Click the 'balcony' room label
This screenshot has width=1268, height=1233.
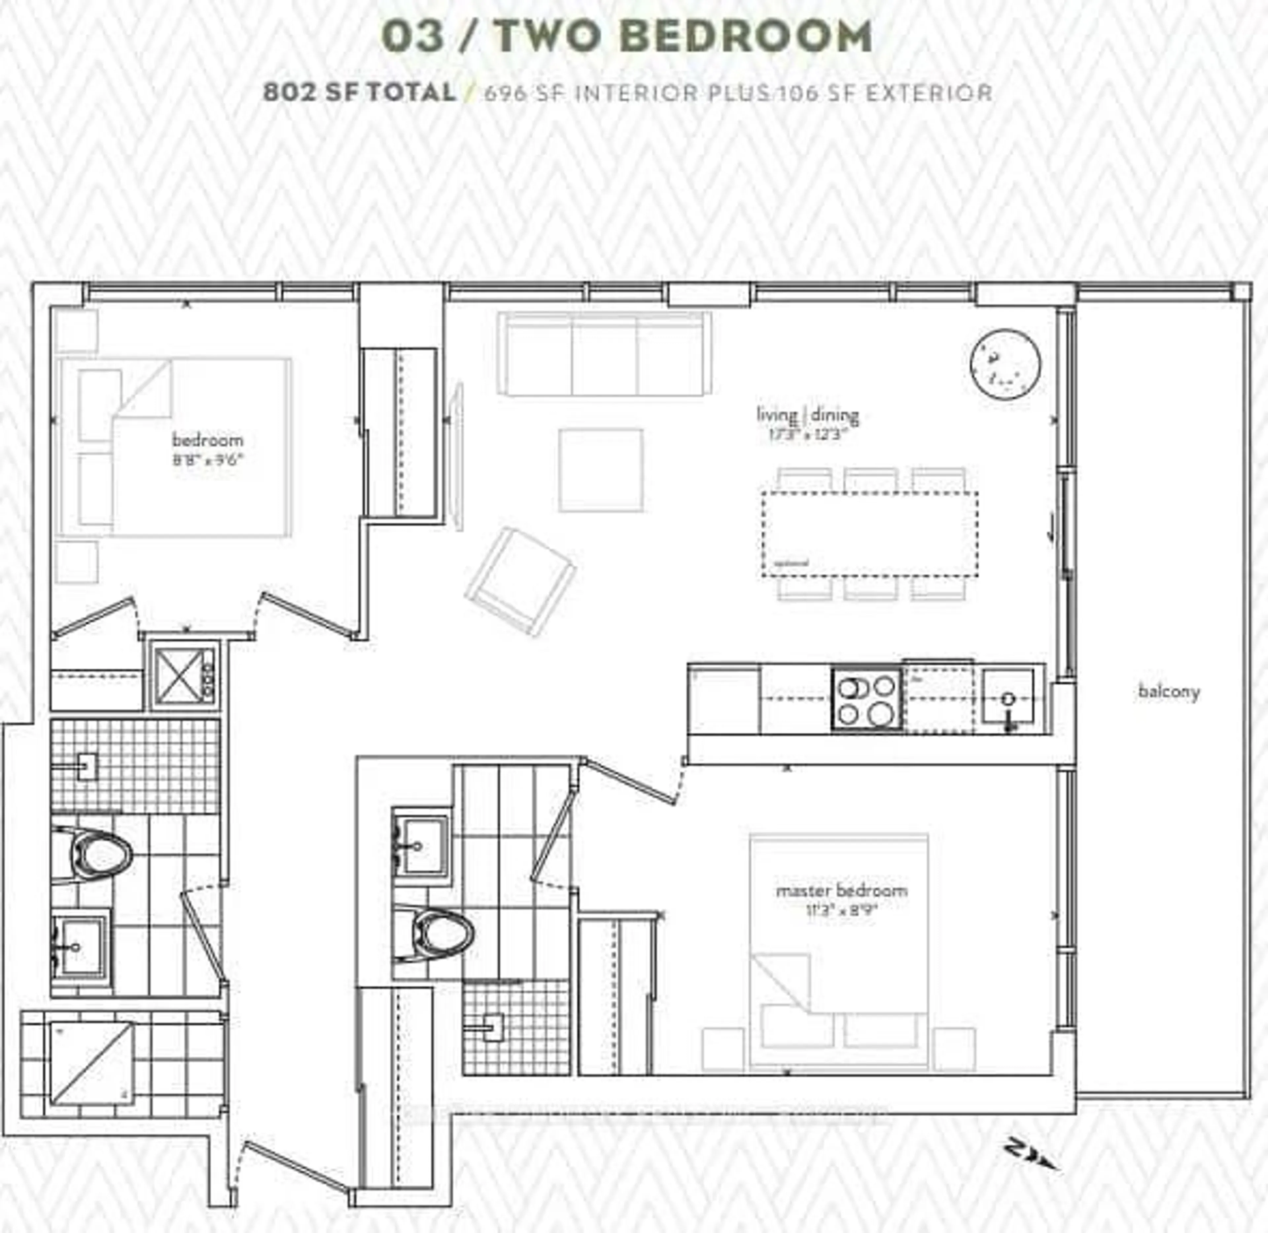pos(1169,692)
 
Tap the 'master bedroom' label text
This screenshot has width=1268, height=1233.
pos(841,891)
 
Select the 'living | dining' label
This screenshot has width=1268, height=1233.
pos(807,415)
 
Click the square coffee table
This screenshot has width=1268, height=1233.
pos(601,470)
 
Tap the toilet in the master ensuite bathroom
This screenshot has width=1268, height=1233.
pos(440,933)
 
